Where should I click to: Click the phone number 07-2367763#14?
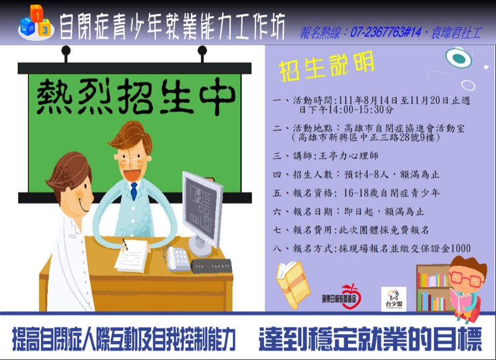coord(386,32)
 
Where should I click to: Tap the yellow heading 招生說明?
coord(327,67)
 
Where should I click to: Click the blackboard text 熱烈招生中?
coord(136,96)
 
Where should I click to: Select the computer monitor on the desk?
coord(203,213)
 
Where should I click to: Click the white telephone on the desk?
coord(178,258)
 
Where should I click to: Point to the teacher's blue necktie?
coord(134,191)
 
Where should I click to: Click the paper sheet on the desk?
coord(132,256)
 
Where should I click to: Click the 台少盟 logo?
coord(394,299)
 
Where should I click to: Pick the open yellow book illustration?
coord(293,284)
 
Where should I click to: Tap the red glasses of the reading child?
coord(467,278)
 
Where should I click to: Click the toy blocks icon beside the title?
coord(36,23)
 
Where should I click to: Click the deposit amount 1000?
coord(460,248)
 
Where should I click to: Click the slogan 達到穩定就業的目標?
coord(370,339)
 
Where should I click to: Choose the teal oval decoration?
coord(459,58)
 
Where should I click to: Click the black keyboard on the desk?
coord(211,266)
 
